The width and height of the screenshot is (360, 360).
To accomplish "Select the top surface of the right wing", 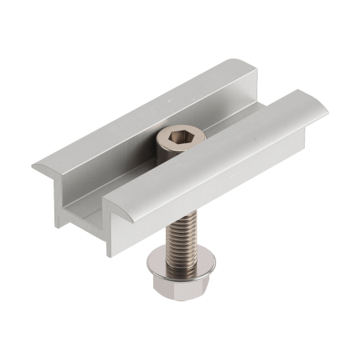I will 226,155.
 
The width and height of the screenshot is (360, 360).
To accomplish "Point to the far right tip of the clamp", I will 326,111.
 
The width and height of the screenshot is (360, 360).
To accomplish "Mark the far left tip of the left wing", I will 34,166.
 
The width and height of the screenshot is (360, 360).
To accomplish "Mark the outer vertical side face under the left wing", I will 60,201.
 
